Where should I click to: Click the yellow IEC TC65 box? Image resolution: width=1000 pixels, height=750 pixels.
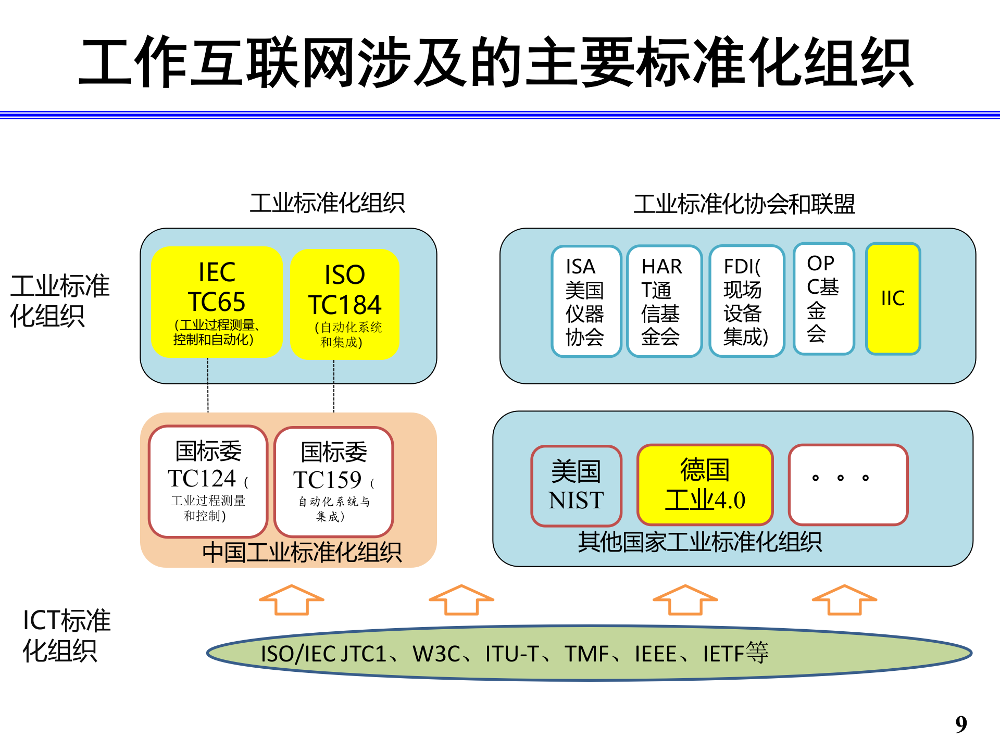tap(216, 302)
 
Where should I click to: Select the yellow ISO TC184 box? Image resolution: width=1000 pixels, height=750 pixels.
tap(344, 305)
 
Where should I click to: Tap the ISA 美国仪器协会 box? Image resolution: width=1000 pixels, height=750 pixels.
tap(586, 301)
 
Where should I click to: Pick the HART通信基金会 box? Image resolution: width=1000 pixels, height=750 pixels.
tap(664, 301)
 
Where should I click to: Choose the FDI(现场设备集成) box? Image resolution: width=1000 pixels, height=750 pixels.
tap(746, 301)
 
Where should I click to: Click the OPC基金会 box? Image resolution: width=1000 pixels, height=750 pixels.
tap(823, 298)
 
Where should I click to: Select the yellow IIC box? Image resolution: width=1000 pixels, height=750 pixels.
tap(893, 298)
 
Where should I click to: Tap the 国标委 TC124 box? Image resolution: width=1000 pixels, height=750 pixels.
tap(208, 481)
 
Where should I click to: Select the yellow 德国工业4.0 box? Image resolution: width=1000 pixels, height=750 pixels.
tap(705, 484)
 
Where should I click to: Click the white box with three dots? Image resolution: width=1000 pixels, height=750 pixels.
tap(847, 484)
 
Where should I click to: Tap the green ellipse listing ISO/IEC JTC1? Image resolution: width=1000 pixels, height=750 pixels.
tap(589, 653)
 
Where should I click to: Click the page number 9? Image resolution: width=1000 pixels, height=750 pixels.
tap(961, 724)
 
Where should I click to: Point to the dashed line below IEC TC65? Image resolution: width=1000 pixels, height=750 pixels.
tap(208, 385)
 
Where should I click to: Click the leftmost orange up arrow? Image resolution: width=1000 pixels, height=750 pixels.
tap(292, 599)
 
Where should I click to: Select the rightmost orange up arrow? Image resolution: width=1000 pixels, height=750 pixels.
tap(844, 599)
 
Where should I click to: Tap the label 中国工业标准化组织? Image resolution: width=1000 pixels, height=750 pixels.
tap(302, 553)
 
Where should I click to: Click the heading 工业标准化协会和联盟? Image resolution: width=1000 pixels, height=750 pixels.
tap(744, 204)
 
